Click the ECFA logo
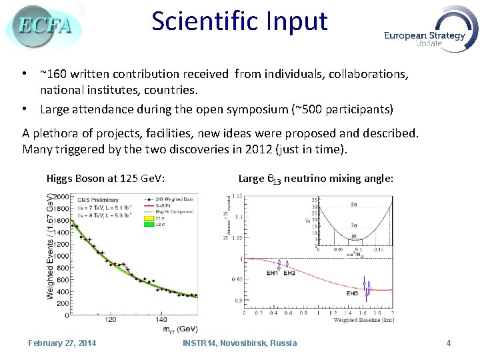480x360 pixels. [x=44, y=27]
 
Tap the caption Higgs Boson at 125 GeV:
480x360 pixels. [x=106, y=178]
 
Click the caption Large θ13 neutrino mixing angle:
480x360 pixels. [x=315, y=178]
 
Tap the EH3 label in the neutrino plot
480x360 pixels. [x=353, y=293]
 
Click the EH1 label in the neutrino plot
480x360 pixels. [x=272, y=273]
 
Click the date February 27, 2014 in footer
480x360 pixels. [x=62, y=343]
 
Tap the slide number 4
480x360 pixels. [x=449, y=343]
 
